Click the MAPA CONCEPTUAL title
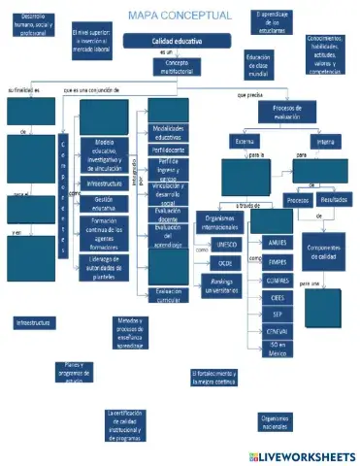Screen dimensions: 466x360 180,16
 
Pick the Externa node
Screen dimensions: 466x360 245,142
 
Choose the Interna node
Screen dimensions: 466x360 325,142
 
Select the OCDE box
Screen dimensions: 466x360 226,262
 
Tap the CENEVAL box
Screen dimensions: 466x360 278,331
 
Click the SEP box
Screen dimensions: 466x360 278,314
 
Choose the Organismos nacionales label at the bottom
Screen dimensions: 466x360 275,421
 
